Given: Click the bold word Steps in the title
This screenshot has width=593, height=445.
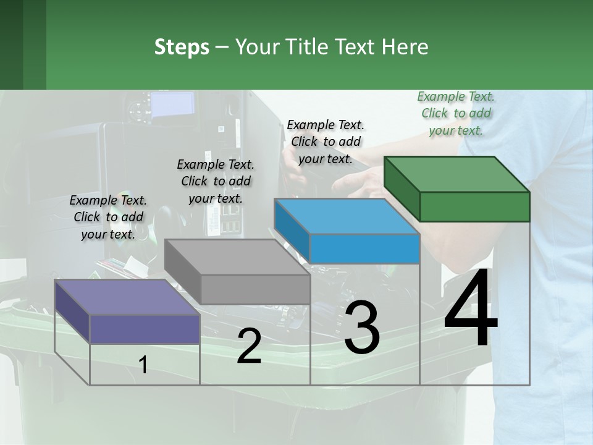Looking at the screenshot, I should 182,47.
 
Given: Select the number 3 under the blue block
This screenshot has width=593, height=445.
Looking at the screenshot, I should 362,328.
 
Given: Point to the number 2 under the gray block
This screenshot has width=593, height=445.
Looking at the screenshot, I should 249,346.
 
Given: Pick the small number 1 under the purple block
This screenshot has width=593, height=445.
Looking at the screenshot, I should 143,365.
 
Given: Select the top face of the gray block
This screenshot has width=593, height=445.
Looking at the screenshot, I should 237,257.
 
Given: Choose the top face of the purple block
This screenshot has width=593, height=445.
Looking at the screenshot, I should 127,297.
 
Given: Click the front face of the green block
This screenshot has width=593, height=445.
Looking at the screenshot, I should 474,206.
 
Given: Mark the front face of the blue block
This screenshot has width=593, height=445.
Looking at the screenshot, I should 364,248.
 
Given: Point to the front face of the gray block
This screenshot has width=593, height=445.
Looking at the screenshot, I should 255,289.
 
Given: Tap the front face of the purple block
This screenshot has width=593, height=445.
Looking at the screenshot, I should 145,329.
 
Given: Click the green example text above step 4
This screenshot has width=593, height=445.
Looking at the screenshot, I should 456,113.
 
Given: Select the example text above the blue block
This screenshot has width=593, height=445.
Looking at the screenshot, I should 326,142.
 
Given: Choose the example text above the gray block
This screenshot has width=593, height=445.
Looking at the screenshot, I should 216,181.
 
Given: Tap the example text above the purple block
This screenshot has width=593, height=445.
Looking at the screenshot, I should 108,217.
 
